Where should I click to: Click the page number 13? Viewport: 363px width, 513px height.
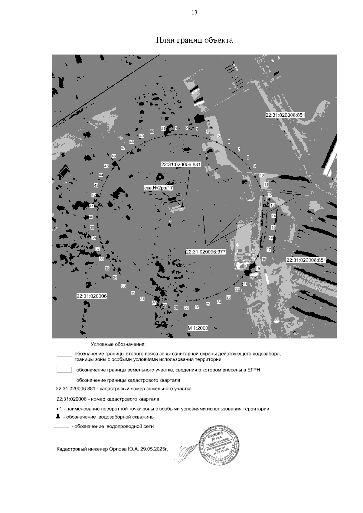point(195,12)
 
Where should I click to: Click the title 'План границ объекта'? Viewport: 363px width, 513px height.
point(194,40)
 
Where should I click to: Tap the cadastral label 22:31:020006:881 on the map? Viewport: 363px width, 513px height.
point(181,164)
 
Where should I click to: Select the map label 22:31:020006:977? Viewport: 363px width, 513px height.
point(206,252)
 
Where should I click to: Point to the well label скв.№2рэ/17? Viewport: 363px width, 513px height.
point(159,188)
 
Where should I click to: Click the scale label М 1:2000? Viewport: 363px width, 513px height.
point(198,328)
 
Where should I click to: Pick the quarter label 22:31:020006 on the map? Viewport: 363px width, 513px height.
point(92,296)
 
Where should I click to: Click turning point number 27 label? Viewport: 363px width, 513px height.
point(187,308)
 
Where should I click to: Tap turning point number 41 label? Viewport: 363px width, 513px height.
point(92,206)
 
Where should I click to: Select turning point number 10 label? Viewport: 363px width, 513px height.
point(262,175)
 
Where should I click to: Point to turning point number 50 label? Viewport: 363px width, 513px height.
point(152,131)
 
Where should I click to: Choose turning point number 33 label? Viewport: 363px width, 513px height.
point(123,286)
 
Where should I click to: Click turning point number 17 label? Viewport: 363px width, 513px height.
point(269,250)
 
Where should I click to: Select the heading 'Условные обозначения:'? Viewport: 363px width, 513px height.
point(118,344)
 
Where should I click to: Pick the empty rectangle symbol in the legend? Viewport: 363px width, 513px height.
point(64,370)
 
